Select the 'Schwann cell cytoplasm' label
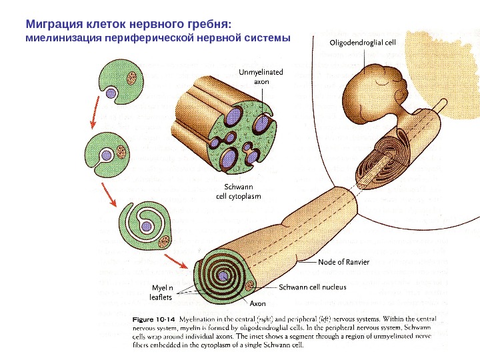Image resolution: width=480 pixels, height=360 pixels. click(237, 192)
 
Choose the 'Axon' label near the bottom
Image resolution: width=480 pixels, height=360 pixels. click(258, 303)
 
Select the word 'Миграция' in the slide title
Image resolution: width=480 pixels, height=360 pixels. click(53, 24)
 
